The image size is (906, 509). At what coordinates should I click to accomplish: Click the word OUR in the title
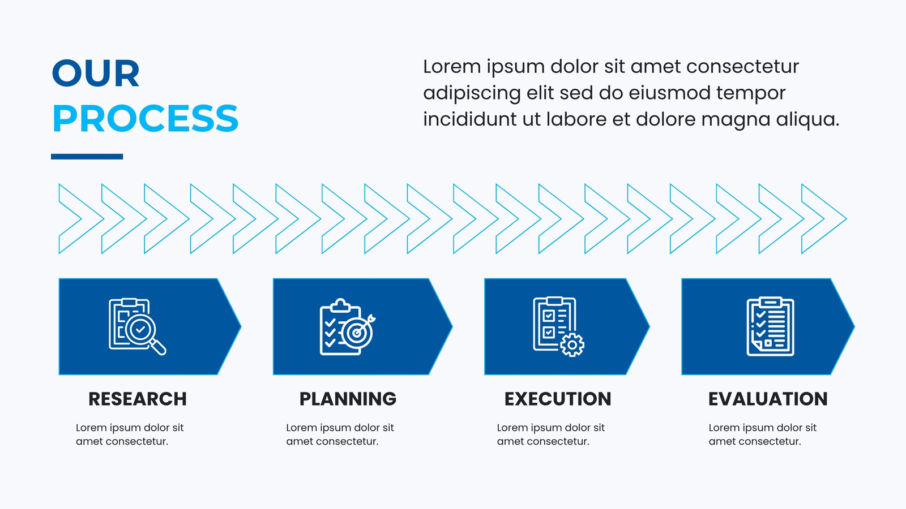(96, 73)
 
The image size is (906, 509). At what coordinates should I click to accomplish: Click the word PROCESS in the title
(145, 118)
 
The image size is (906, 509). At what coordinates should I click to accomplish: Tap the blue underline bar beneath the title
(87, 156)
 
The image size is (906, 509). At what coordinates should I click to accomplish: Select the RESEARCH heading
(138, 399)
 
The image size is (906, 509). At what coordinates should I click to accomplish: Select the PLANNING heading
(348, 399)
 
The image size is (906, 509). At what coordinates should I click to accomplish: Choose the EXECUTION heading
(558, 399)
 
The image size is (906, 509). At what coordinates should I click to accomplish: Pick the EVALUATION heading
(768, 399)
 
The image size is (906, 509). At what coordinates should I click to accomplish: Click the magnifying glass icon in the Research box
(145, 334)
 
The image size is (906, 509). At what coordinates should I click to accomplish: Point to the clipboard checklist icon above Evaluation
(771, 326)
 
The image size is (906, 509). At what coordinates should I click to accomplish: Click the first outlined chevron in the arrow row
(82, 218)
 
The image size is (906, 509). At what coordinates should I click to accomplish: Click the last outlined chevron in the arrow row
(824, 218)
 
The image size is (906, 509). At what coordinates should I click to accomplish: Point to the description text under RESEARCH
(130, 434)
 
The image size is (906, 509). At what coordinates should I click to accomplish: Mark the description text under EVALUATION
(762, 434)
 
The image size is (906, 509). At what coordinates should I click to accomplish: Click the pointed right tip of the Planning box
(452, 326)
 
